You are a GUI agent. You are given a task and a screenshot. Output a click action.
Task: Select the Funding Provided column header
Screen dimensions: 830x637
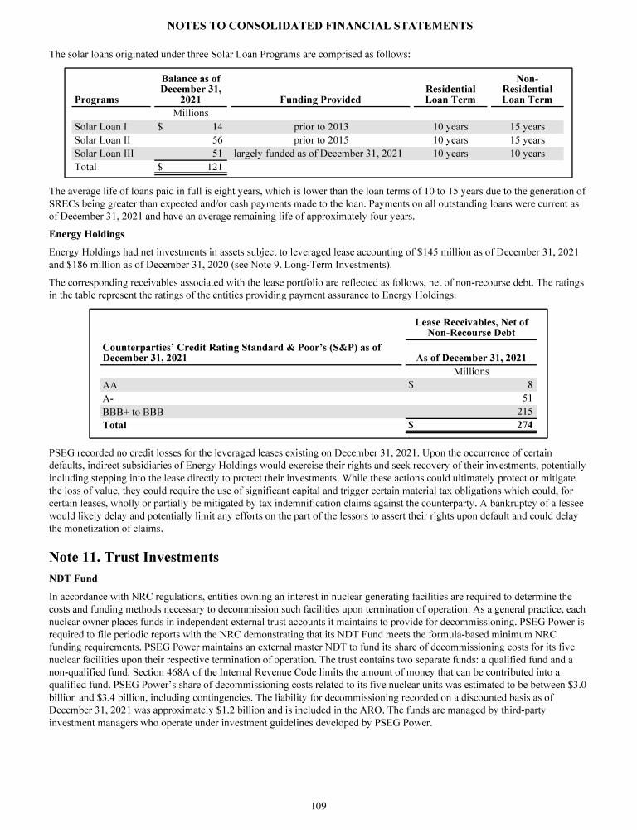click(320, 100)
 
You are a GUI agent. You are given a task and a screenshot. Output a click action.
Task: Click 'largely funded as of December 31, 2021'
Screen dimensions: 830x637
click(318, 154)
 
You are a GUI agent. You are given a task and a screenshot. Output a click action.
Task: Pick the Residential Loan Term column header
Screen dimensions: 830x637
click(450, 94)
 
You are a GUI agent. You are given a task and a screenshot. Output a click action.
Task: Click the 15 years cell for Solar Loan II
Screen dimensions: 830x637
click(528, 140)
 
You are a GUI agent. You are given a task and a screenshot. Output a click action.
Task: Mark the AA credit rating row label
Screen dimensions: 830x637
click(109, 385)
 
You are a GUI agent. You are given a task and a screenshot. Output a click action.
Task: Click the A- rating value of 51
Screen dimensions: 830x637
click(528, 398)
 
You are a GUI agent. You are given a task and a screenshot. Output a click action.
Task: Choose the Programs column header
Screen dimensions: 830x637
click(96, 100)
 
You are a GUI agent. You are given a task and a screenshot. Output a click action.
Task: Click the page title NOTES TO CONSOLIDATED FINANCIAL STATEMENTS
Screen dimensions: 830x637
click(318, 26)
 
